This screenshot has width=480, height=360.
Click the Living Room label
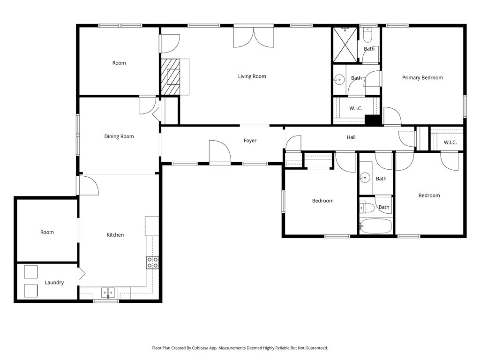pos(252,76)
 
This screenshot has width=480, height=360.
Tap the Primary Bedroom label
pos(422,77)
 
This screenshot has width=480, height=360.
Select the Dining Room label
pos(119,136)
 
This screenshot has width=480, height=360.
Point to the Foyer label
pos(250,141)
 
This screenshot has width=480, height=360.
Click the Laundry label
pos(54,282)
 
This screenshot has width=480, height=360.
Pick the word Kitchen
pos(115,235)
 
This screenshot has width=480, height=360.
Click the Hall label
pos(351,137)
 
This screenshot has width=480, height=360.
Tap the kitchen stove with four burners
pos(152,262)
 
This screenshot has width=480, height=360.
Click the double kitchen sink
pos(108,292)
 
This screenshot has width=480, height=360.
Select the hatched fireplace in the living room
pos(171,76)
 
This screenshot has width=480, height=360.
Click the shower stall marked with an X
pos(345,45)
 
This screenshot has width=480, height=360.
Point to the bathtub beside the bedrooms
pos(376,226)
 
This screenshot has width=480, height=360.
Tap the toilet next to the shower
pos(367,36)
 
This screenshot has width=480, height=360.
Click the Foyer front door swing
pos(220,151)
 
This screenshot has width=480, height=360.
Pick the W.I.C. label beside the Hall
pos(450,142)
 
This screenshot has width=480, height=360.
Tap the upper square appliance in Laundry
pos(31,272)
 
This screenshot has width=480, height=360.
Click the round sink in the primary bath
pos(339,80)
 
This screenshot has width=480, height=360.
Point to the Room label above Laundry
pos(47,232)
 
